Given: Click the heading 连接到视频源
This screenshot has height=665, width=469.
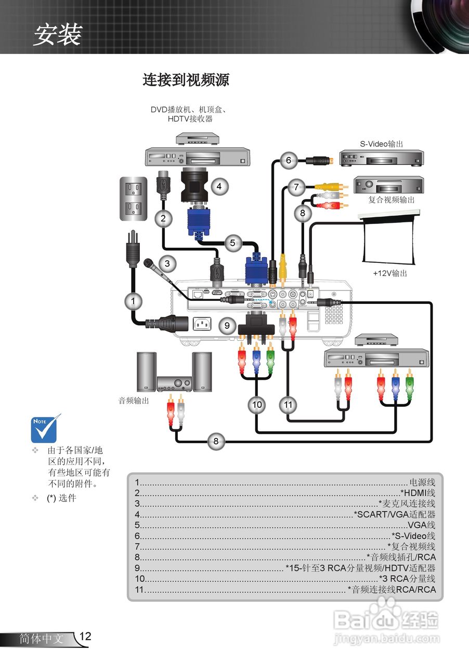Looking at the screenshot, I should coord(186,80).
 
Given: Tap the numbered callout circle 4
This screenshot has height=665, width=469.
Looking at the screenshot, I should coord(219,186).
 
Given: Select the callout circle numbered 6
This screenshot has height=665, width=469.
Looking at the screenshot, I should coord(289,160).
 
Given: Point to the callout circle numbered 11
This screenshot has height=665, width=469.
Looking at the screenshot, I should coord(288,404).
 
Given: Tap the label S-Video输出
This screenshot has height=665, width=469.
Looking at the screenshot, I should coord(381,144).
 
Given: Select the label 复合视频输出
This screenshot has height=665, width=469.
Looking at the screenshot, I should coord(392,199).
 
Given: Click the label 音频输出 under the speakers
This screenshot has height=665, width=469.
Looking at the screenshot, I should coord(134,401).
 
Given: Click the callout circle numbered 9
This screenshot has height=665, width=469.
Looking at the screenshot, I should coord(227,326).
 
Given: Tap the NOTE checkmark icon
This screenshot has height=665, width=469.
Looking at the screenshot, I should coord(46,427).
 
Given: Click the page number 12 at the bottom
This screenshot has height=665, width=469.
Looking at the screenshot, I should coord(85,636).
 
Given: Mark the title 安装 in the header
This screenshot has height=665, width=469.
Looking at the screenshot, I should coord(57,35).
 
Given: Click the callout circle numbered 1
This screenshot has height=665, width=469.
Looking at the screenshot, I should coord(133,300).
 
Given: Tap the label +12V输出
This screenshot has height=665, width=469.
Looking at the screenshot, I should coord(390,273).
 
